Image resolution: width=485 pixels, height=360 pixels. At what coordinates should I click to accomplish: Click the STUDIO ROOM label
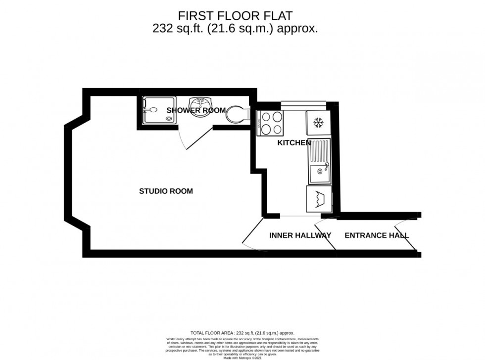[x=166, y=191]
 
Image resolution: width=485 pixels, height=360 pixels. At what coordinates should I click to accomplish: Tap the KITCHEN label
[x=293, y=143]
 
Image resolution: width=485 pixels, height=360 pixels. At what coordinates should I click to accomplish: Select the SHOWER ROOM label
[x=196, y=110]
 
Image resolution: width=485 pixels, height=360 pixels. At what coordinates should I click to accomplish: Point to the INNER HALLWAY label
[x=300, y=235]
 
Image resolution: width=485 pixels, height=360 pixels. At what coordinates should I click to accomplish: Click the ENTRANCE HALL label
[x=377, y=235]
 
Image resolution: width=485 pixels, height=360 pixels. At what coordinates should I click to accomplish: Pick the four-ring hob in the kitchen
[x=270, y=123]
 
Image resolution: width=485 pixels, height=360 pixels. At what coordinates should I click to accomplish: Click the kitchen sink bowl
[x=318, y=174]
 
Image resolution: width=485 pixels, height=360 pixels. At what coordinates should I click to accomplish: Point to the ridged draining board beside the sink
[x=318, y=152]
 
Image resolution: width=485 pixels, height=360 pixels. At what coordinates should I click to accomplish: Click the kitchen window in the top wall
[x=303, y=104]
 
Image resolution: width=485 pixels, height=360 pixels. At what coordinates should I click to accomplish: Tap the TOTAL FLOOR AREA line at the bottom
[x=242, y=333]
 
